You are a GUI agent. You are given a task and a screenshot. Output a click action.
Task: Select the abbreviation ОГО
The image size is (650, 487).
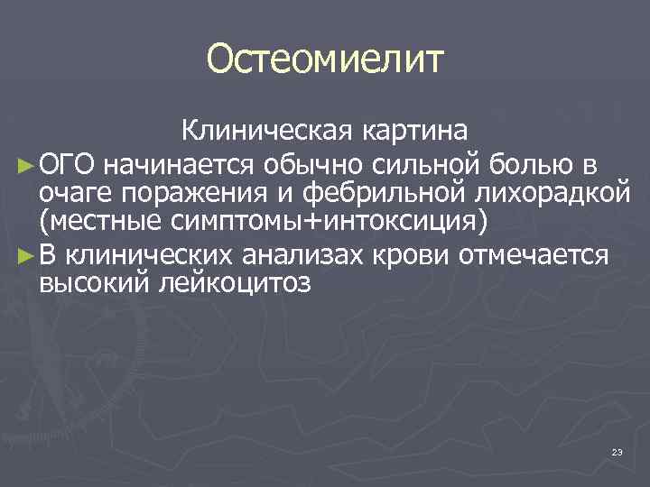coord(70,163)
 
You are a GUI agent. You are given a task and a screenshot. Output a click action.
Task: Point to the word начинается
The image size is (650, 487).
coord(181,163)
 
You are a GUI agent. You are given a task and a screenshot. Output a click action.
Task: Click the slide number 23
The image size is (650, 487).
coord(617,451)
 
